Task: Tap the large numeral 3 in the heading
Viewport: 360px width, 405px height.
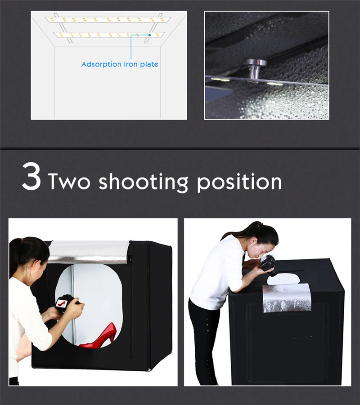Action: pyautogui.click(x=31, y=177)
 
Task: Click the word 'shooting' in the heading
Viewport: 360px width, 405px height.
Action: pyautogui.click(x=144, y=182)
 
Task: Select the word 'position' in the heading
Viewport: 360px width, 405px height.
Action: pyautogui.click(x=239, y=182)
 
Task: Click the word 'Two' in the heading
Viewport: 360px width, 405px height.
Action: pyautogui.click(x=69, y=181)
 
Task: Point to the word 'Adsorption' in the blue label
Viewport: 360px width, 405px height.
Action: pyautogui.click(x=101, y=64)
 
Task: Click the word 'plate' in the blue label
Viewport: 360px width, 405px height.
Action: pyautogui.click(x=149, y=64)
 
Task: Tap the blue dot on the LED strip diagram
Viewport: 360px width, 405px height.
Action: pyautogui.click(x=149, y=35)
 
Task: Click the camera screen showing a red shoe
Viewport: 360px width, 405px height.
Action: pyautogui.click(x=62, y=303)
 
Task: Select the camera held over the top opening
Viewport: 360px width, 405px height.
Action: pyautogui.click(x=269, y=265)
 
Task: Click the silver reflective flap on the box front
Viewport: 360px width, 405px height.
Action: pyautogui.click(x=287, y=298)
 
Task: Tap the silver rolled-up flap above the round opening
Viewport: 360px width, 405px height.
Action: pyautogui.click(x=89, y=252)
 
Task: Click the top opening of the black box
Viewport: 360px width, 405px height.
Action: pyautogui.click(x=283, y=278)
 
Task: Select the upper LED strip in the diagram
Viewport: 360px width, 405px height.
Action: pyautogui.click(x=108, y=20)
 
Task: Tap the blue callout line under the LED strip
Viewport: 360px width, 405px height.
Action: pyautogui.click(x=131, y=46)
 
